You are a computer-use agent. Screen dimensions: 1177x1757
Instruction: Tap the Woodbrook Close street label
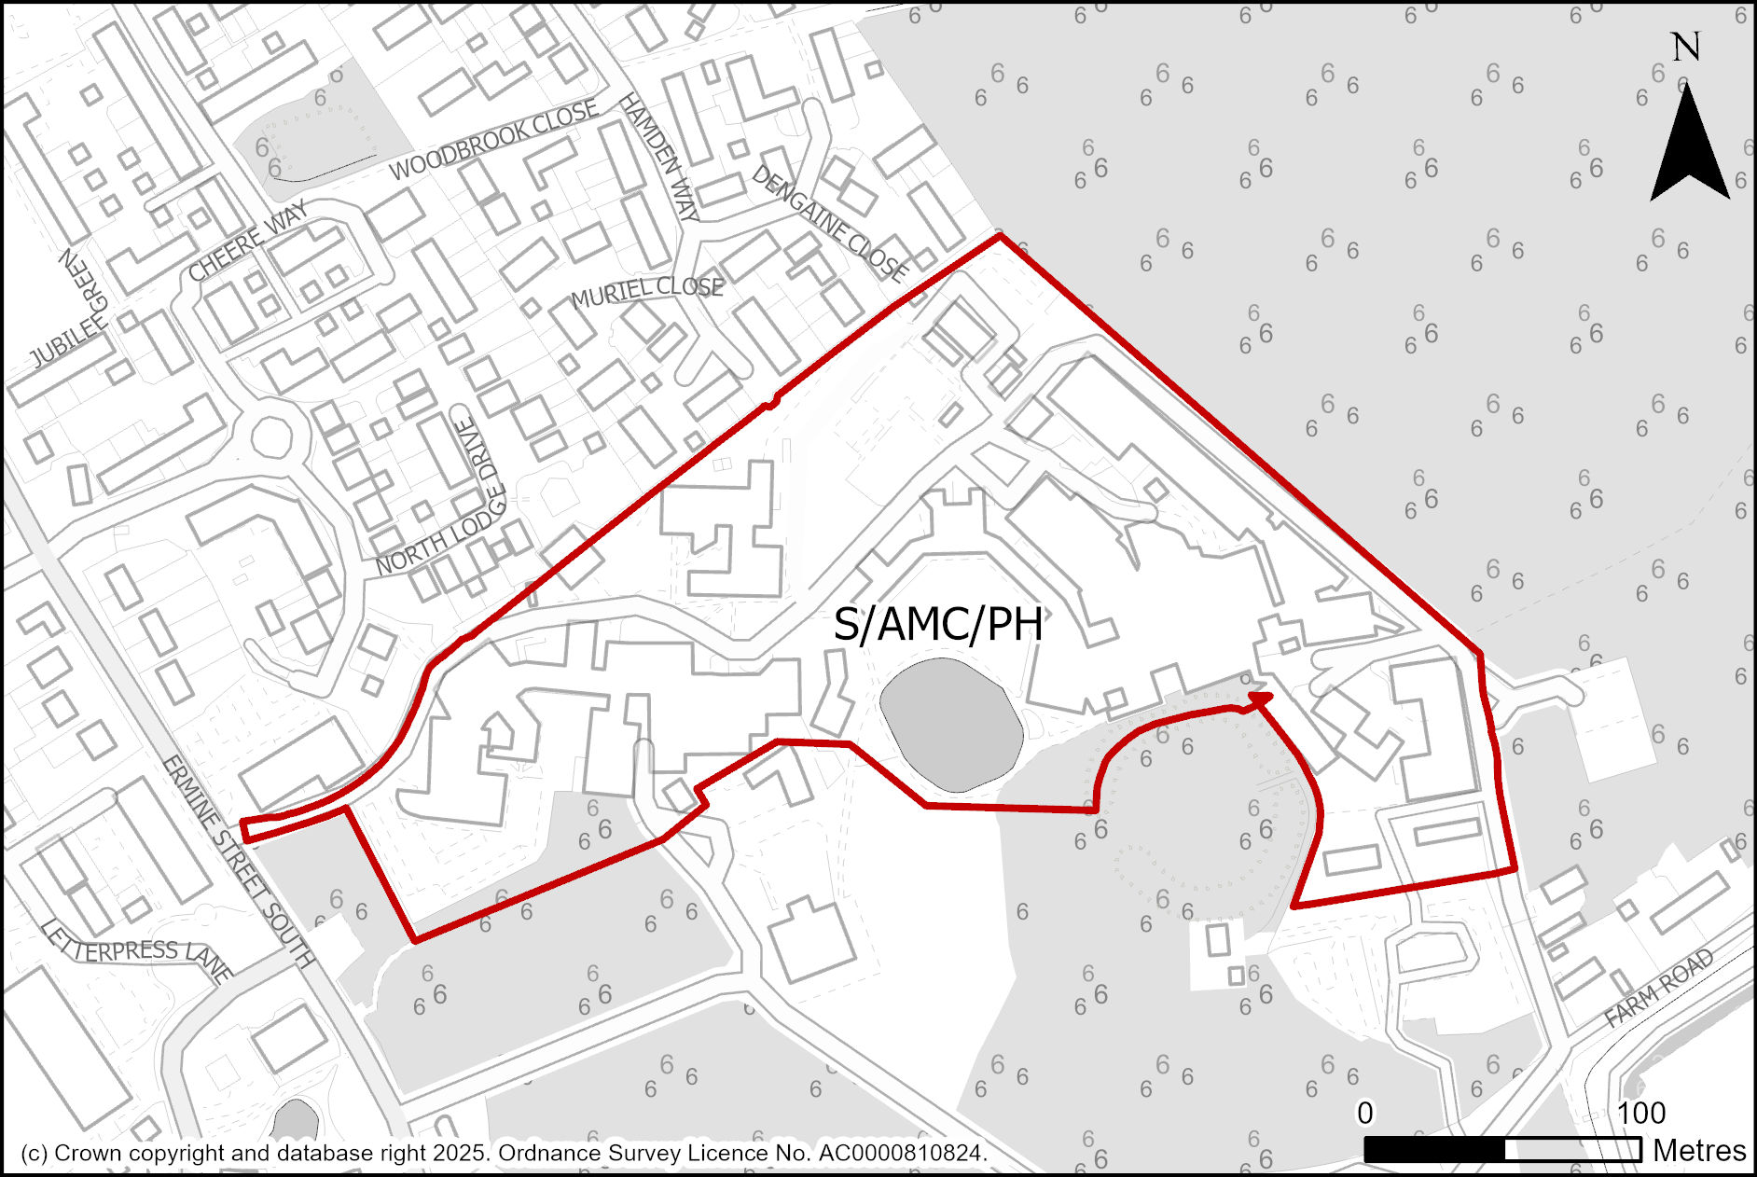click(493, 141)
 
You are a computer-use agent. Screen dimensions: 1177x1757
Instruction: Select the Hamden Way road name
click(658, 157)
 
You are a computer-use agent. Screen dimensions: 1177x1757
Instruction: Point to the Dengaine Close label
click(829, 224)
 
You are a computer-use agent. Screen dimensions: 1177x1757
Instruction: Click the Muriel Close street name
click(647, 291)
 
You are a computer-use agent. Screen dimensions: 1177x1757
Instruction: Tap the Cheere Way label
click(247, 242)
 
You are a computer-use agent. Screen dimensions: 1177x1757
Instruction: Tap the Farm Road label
click(1659, 988)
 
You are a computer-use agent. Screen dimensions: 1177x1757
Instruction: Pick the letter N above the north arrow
click(1685, 47)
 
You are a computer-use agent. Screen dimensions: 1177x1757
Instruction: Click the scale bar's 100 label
click(1640, 1113)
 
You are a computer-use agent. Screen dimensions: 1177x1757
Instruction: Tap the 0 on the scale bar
click(1364, 1113)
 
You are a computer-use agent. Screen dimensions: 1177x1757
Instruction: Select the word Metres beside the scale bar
click(1699, 1151)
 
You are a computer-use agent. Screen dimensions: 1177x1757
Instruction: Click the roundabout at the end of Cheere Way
click(271, 436)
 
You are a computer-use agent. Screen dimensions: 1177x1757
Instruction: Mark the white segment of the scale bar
click(1572, 1150)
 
